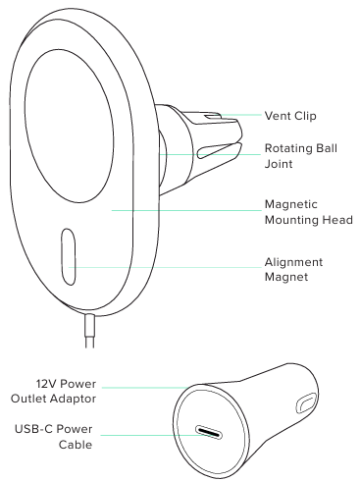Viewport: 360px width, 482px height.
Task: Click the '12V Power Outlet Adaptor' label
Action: click(x=70, y=391)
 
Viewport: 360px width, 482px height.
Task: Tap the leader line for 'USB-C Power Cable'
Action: click(x=147, y=433)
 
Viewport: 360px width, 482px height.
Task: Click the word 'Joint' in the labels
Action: click(x=281, y=165)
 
